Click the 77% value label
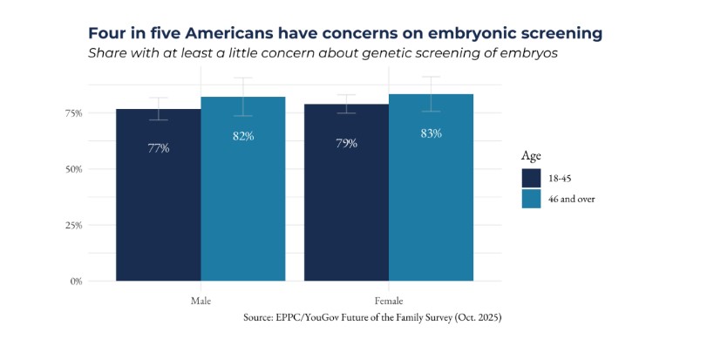(158, 148)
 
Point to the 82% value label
(243, 136)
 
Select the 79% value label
(346, 143)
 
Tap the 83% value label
(432, 133)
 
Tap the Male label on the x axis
(201, 300)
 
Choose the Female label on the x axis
(389, 300)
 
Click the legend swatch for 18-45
(533, 177)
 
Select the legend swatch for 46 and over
(533, 199)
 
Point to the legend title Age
(531, 156)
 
